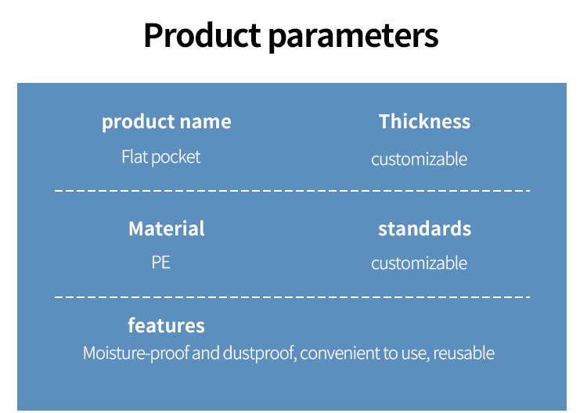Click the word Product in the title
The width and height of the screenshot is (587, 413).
pos(202,35)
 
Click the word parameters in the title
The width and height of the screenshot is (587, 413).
pos(354,37)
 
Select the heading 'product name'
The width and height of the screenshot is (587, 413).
pos(167,122)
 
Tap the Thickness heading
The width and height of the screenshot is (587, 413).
pos(424,121)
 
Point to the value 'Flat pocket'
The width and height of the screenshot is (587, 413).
pos(161,157)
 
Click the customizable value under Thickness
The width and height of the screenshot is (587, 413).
pos(419,160)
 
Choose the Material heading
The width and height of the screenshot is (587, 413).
pos(167,228)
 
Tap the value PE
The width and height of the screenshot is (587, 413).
pos(161,262)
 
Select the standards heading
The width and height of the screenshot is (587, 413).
pos(424,228)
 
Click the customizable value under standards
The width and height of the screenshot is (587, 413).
pos(419,263)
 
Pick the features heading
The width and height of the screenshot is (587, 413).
pos(166,325)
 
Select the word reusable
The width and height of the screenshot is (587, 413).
pos(464,354)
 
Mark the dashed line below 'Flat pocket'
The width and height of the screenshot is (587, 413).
pos(293,191)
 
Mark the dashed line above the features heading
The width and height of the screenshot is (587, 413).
pos(293,297)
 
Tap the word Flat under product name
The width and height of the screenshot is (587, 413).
pos(135,156)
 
